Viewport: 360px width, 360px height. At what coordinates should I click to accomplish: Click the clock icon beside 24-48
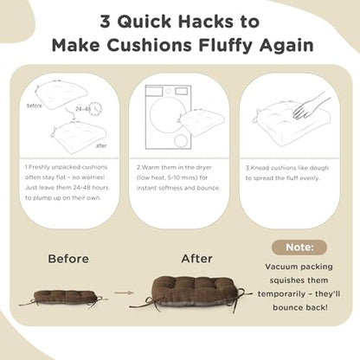pyautogui.click(x=95, y=109)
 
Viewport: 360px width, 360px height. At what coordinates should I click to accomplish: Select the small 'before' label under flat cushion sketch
pyautogui.click(x=35, y=106)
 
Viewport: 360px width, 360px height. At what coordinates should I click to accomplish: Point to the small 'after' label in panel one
pyautogui.click(x=101, y=145)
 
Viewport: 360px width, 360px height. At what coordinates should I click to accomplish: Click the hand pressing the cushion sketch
pyautogui.click(x=310, y=106)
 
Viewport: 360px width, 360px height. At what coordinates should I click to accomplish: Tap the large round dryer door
pyautogui.click(x=168, y=112)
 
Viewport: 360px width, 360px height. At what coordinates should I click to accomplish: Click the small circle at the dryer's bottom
pyautogui.click(x=181, y=141)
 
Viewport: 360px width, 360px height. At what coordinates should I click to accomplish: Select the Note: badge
pyautogui.click(x=299, y=247)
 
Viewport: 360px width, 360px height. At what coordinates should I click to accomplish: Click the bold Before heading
pyautogui.click(x=68, y=259)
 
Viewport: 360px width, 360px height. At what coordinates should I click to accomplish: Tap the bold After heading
pyautogui.click(x=197, y=259)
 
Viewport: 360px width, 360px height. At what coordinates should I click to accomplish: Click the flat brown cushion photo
pyautogui.click(x=63, y=298)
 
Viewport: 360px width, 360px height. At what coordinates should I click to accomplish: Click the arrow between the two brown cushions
pyautogui.click(x=124, y=292)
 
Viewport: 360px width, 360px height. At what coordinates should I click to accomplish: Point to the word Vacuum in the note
pyautogui.click(x=280, y=267)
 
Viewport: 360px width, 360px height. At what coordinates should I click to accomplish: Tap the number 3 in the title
pyautogui.click(x=106, y=22)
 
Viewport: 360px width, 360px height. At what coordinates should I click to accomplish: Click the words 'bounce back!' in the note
pyautogui.click(x=300, y=307)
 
